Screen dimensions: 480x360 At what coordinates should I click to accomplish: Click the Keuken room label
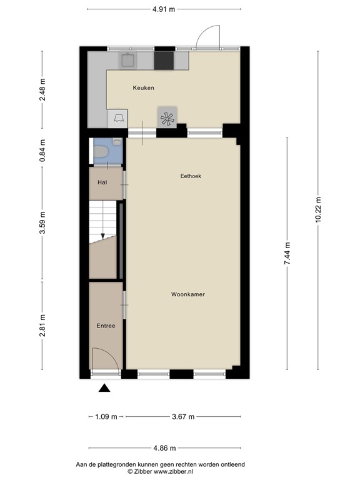pos(143,88)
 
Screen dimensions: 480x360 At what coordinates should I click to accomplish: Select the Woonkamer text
pos(188,294)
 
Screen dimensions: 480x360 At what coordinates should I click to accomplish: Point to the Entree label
pos(106,326)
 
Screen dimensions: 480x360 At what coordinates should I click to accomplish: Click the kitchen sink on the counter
pos(128,60)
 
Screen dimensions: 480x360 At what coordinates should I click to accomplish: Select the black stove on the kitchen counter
pos(164,60)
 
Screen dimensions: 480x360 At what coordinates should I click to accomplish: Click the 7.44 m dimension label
pos(287,254)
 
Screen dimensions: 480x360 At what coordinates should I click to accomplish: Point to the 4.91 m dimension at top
pos(164,9)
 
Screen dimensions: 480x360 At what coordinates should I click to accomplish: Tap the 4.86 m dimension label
pos(164,447)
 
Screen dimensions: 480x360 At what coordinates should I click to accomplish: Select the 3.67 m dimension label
pos(182,417)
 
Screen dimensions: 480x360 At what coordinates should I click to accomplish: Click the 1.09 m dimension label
pos(105,417)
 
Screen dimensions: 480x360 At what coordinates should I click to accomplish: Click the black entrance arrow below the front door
pos(104,388)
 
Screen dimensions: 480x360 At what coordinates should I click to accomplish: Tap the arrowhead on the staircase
pos(102,236)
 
